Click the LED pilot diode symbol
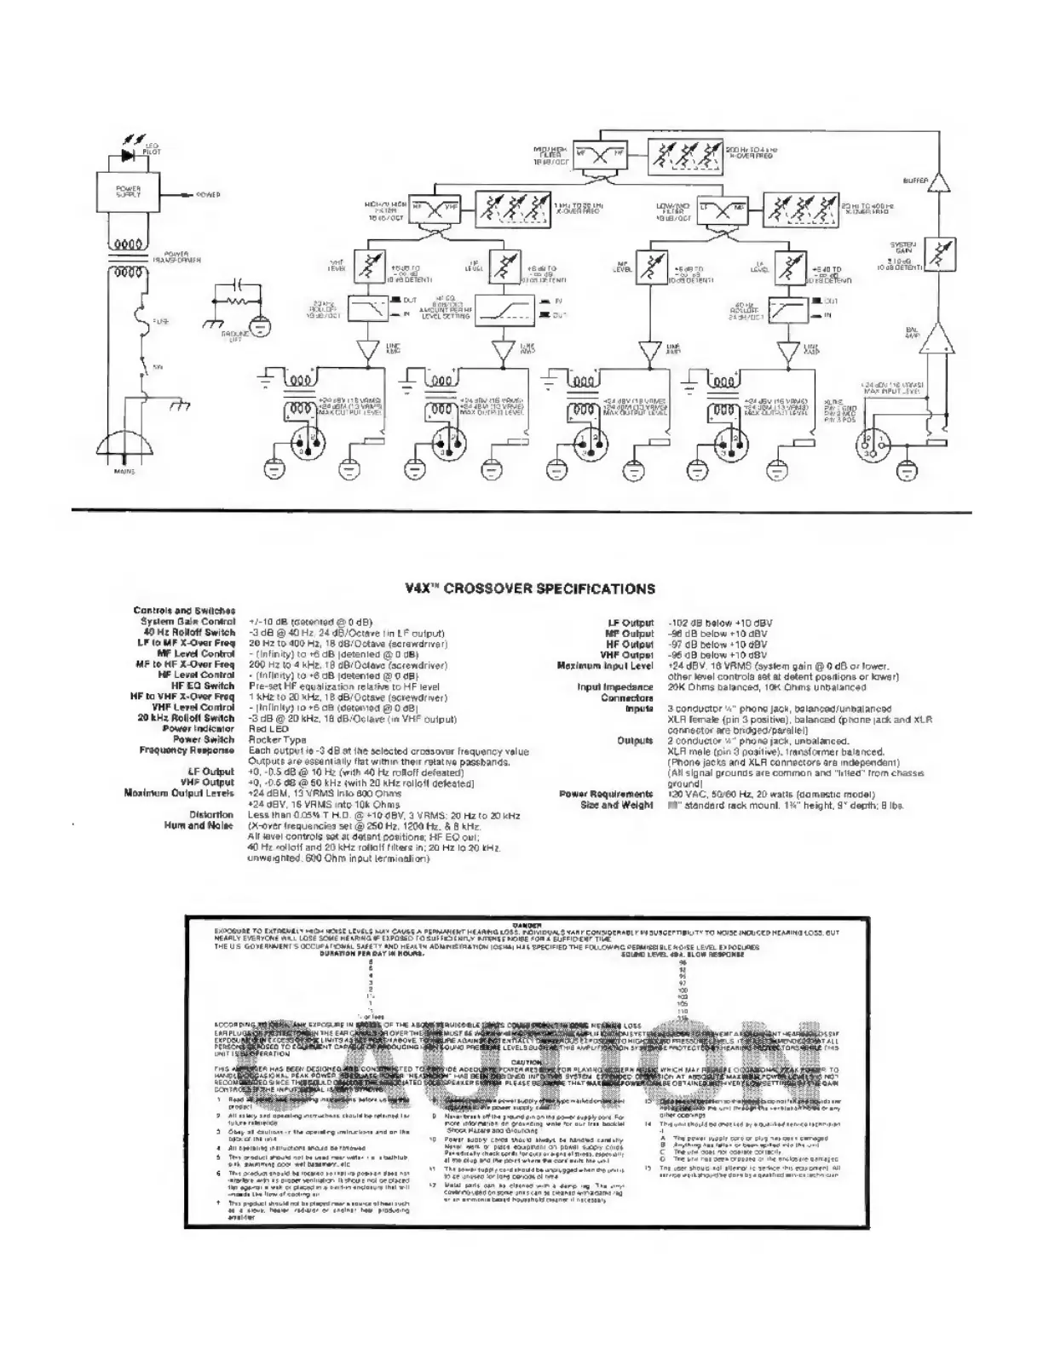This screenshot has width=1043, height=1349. tap(129, 156)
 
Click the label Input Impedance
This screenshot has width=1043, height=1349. tap(614, 687)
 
